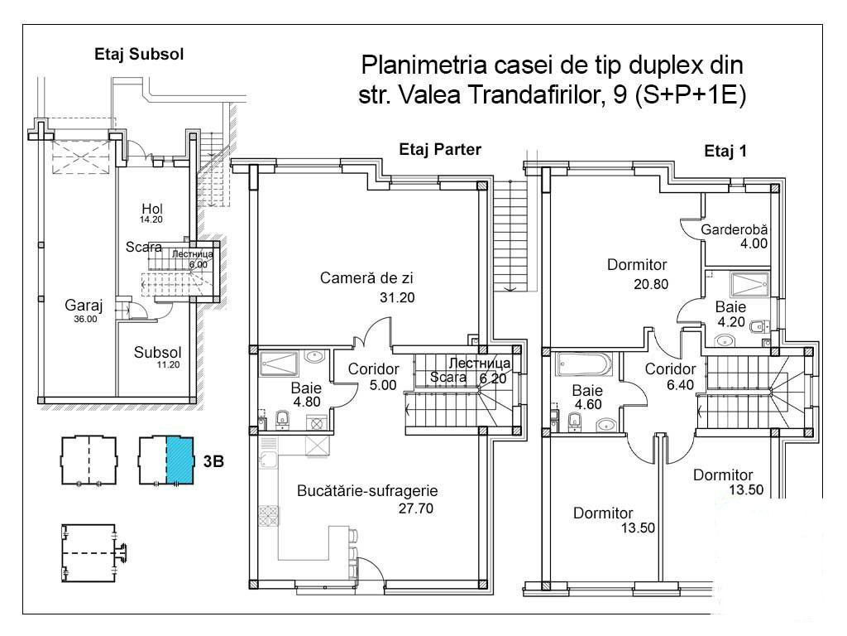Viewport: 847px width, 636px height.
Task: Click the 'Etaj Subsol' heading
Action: click(139, 54)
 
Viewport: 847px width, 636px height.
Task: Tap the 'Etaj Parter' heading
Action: click(440, 149)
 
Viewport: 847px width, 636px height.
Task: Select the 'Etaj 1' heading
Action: click(725, 151)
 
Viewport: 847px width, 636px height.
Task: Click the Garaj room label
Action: click(84, 305)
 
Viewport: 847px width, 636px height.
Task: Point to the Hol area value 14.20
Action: click(151, 219)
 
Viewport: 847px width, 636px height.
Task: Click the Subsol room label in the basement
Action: click(158, 352)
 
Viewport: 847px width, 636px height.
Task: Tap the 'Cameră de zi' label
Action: click(366, 278)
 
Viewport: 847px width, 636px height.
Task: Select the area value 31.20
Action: click(397, 297)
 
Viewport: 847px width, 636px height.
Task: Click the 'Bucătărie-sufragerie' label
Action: click(367, 490)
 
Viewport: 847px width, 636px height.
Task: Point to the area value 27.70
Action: click(416, 508)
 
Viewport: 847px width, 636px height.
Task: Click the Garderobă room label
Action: click(735, 229)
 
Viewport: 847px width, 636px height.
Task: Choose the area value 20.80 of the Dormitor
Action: click(651, 284)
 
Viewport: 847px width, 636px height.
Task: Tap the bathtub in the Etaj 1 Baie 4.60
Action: click(585, 364)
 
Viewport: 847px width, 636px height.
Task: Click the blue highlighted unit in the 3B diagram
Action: click(179, 460)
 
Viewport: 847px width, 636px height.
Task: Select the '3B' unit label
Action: click(213, 461)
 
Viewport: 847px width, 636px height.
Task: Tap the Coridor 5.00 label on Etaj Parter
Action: click(373, 377)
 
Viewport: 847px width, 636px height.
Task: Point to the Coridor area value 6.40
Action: click(680, 385)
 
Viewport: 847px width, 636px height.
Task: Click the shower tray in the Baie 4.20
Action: click(749, 286)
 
